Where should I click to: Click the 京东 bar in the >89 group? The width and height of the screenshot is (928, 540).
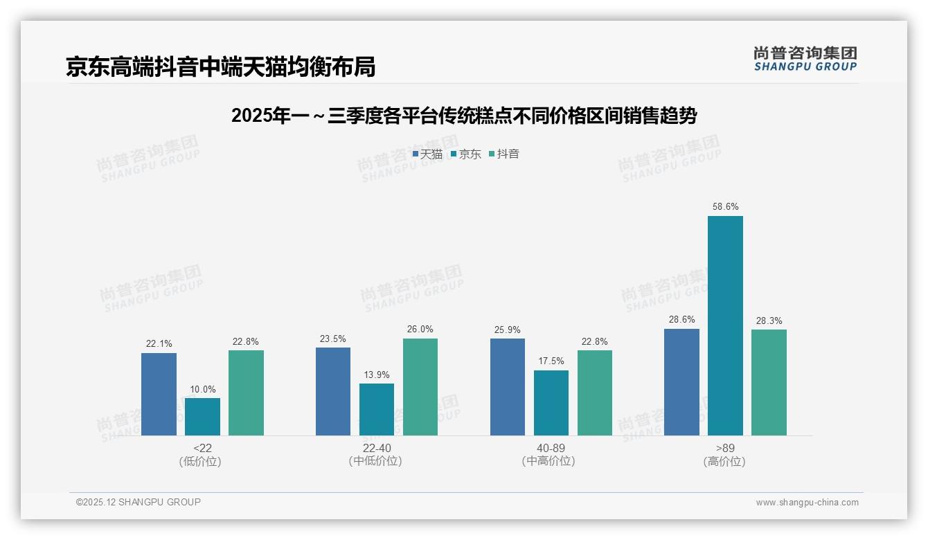coord(725,325)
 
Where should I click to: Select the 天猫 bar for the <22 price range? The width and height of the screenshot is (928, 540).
coord(159,394)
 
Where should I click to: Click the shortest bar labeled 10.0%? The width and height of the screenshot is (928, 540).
coord(202,416)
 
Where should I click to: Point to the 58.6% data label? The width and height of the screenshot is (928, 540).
coord(725,206)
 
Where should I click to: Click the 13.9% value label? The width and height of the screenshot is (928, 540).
coord(377,375)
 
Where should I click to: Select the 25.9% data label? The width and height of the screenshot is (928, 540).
coord(508,330)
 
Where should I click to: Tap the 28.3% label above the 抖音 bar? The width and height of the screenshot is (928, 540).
coord(769,321)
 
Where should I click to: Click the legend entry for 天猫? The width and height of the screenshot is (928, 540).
coord(427,154)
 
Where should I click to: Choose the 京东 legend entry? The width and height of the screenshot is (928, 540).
coord(466,154)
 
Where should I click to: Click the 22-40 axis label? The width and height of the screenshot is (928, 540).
coord(376,448)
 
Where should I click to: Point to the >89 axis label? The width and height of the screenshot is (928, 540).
coord(724,448)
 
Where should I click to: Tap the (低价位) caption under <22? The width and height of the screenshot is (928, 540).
coord(202,461)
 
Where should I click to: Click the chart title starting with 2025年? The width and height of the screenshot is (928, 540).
coord(463,116)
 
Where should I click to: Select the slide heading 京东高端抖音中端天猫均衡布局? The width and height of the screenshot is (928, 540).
coord(220,66)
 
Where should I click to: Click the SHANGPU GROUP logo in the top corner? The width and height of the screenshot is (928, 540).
coord(805,59)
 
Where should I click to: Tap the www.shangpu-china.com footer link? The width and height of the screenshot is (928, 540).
coord(807,503)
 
